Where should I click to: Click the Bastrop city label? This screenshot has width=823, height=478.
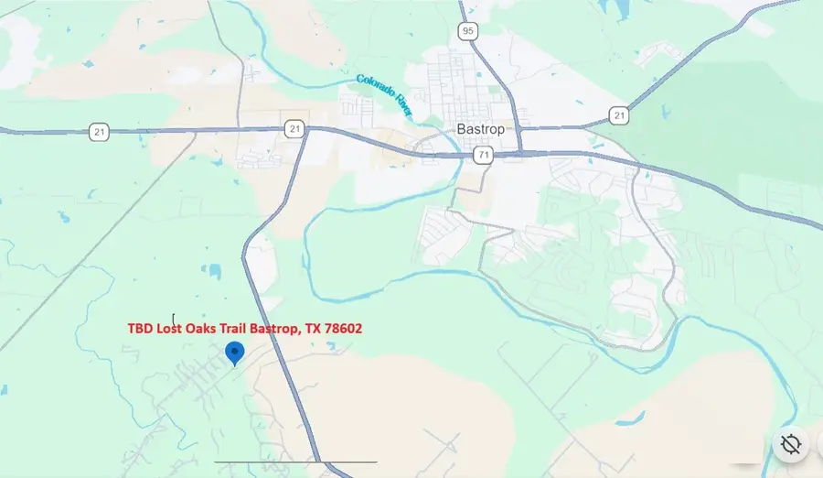pos(480,129)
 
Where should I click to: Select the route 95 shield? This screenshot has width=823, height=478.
pos(467,32)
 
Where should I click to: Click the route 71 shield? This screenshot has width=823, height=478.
pos(483,156)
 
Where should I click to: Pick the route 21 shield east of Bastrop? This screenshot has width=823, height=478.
pos(619,115)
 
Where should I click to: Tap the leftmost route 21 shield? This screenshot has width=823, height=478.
pos(100,133)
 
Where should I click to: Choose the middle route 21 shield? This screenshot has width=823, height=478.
pos(293,129)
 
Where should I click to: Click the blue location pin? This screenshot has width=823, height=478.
pos(235,353)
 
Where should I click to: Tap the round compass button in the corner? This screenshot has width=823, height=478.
pos(791,445)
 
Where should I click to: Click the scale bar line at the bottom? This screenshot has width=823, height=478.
pos(295,462)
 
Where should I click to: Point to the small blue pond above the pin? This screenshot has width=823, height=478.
pos(214,271)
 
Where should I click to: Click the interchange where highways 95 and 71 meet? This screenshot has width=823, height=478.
pos(518,151)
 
